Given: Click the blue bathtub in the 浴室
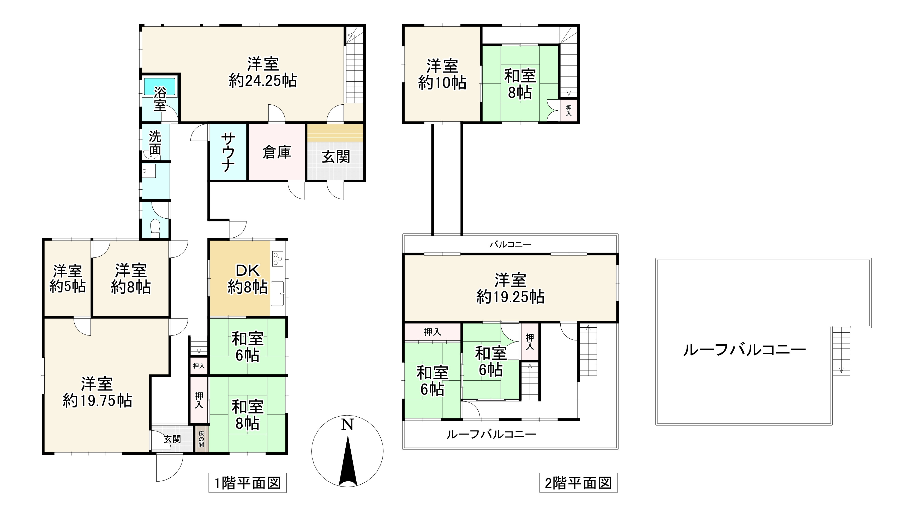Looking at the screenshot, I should (x=159, y=86).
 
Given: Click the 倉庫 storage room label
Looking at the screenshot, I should (x=277, y=152).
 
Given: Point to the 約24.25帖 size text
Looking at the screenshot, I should (x=262, y=81).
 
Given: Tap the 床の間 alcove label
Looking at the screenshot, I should (x=201, y=439).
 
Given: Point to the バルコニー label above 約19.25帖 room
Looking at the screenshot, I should (x=510, y=244).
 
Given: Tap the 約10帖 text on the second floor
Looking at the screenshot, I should (x=442, y=83).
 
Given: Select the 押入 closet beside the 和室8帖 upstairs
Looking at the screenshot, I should (x=569, y=111).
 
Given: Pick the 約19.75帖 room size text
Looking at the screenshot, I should (x=98, y=401).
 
